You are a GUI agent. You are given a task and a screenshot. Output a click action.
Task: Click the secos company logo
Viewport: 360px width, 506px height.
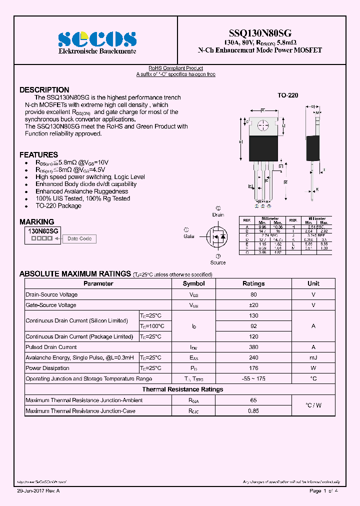(x=97, y=38)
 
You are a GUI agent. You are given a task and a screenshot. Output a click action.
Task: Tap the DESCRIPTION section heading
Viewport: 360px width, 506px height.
(x=44, y=90)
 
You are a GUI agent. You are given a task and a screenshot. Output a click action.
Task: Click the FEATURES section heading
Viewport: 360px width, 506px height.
(x=38, y=155)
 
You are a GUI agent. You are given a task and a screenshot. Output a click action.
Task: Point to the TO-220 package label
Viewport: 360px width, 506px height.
(x=287, y=95)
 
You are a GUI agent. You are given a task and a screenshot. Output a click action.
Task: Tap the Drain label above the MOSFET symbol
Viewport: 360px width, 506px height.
(x=218, y=215)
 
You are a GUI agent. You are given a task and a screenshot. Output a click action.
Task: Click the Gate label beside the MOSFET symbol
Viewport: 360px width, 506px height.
(x=189, y=236)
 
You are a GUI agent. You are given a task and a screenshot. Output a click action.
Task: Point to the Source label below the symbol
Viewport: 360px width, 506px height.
(x=218, y=262)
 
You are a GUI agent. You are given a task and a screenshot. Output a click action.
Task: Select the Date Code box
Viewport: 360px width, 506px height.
(x=79, y=239)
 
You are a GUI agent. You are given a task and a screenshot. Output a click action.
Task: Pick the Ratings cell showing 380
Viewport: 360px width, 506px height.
(x=253, y=347)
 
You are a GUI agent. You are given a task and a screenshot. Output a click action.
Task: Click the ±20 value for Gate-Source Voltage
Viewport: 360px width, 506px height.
(x=253, y=305)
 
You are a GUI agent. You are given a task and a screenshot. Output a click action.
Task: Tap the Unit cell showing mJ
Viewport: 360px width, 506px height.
(x=313, y=357)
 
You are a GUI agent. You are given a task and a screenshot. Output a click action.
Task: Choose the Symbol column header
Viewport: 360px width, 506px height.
(x=193, y=283)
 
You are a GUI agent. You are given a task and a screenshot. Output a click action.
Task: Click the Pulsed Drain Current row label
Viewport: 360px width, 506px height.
(x=51, y=347)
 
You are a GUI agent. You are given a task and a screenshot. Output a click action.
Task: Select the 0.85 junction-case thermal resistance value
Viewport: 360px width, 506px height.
(x=253, y=411)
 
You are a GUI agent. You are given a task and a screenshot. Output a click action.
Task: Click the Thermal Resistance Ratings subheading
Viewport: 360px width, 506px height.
(x=182, y=389)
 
